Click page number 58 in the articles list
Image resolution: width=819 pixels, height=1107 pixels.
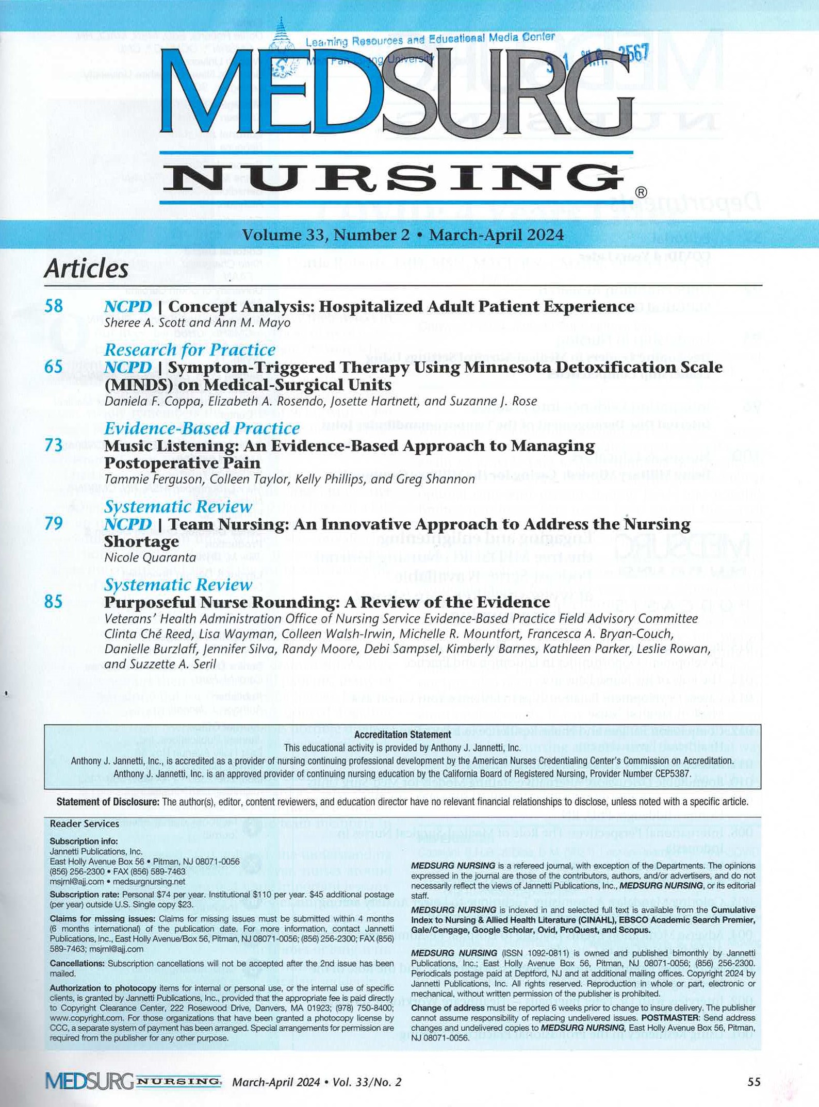(x=54, y=306)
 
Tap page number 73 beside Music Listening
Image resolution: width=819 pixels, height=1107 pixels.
(x=54, y=445)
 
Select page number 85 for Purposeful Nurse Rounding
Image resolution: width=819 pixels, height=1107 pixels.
(x=54, y=602)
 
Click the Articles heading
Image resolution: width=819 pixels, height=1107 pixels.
(x=86, y=269)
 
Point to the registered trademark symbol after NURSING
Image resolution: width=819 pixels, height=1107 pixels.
(x=640, y=193)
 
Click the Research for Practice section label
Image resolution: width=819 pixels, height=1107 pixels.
(x=190, y=350)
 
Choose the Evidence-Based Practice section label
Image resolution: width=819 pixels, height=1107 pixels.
(x=202, y=428)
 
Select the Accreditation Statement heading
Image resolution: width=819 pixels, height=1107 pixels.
(x=403, y=734)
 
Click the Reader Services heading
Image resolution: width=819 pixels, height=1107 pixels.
(x=84, y=824)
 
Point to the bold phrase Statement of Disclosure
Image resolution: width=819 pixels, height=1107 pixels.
(x=108, y=802)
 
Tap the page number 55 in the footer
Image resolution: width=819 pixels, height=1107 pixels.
(x=754, y=1082)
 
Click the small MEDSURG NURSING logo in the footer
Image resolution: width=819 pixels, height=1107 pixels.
(x=133, y=1081)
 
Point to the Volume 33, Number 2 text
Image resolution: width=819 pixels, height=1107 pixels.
(x=326, y=235)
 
